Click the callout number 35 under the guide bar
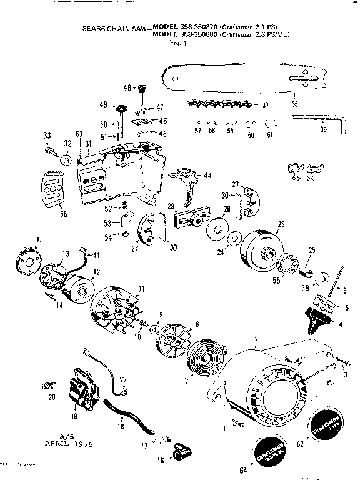click(x=294, y=104)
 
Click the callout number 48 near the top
click(x=126, y=87)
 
